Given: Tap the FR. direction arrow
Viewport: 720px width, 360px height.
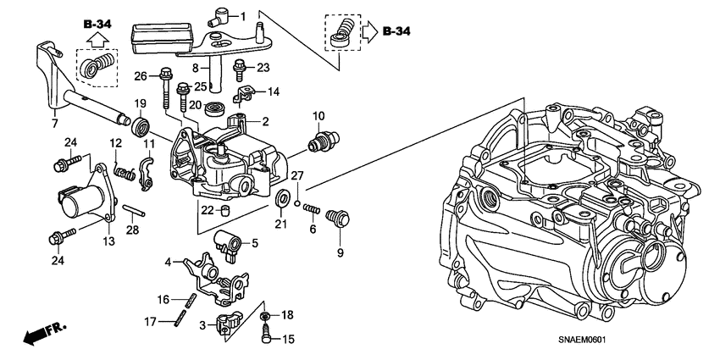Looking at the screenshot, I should point(39,334).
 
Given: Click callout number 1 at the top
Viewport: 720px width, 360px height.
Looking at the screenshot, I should point(242,16).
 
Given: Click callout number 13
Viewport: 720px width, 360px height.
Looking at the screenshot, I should point(108,242).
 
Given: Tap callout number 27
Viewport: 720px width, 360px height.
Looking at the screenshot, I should point(297,175).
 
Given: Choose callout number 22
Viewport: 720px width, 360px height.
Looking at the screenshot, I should point(205,209).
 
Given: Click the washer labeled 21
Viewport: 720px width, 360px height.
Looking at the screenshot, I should point(280,202).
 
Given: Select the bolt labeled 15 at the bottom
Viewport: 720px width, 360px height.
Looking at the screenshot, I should point(268,335).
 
